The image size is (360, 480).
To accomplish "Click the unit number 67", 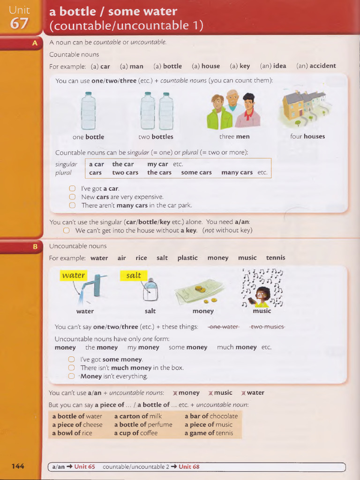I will point(19,23).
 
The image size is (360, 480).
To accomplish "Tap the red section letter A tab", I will point(34,44).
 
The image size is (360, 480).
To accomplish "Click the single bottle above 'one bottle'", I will point(88,111).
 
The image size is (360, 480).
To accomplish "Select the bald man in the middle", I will point(232,101).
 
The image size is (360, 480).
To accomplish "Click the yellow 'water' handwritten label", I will point(74,275).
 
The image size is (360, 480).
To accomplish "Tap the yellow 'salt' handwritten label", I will point(134,275).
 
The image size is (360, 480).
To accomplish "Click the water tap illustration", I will point(96,286).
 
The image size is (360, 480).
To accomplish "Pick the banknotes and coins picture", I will point(200,292).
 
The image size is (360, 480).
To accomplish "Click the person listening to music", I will point(262,297).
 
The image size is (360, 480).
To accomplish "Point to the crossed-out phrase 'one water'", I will point(224,327).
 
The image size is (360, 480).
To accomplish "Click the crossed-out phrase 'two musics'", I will point(267,327).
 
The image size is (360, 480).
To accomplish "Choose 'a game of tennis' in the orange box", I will point(209,433).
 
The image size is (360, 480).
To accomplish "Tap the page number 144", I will point(18,466).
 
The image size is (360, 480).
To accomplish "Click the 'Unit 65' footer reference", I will point(84,466).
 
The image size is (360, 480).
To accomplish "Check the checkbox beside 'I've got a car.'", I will point(72,188).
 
